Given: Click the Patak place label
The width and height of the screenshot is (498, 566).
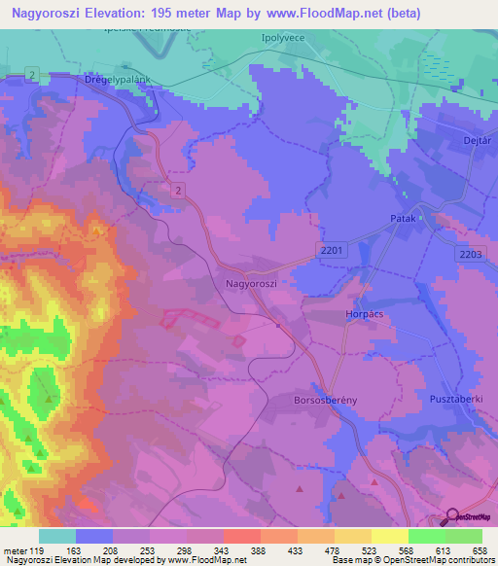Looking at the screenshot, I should click(403, 219).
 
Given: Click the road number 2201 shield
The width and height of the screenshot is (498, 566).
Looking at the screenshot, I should click(332, 251).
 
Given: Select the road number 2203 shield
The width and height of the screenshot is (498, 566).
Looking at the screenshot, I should click(470, 253).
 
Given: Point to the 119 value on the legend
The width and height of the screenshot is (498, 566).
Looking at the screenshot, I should click(37, 550).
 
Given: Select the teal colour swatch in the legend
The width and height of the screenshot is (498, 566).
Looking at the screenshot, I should click(57, 536).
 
